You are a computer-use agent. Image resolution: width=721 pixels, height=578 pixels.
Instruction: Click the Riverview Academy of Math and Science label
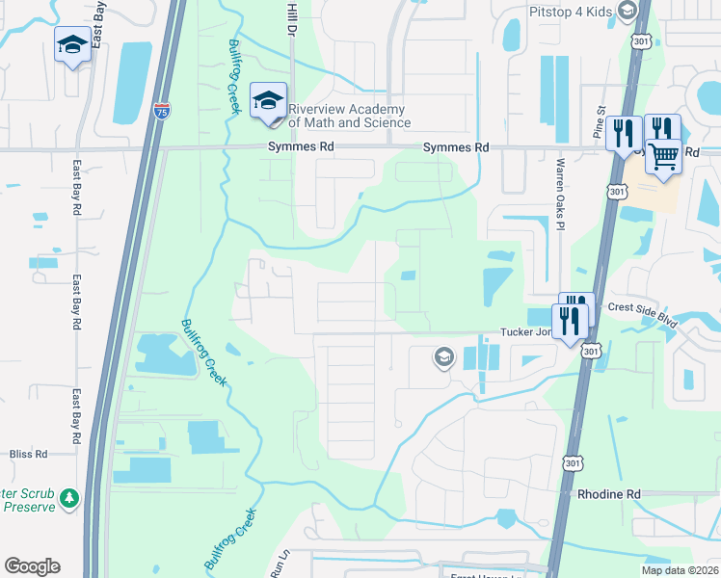pyautogui.click(x=349, y=116)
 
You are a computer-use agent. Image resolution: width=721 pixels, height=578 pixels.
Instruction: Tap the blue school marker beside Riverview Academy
pyautogui.click(x=268, y=101)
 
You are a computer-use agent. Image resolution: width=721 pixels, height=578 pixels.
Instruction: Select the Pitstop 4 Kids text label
pyautogui.click(x=571, y=12)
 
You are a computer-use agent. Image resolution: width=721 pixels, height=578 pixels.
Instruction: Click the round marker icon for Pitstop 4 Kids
pyautogui.click(x=628, y=12)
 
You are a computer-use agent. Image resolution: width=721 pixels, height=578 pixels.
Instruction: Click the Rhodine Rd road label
pyautogui.click(x=609, y=494)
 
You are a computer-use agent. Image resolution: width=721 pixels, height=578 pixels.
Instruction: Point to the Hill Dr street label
pyautogui.click(x=290, y=19)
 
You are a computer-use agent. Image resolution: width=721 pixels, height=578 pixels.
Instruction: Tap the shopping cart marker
pyautogui.click(x=664, y=156)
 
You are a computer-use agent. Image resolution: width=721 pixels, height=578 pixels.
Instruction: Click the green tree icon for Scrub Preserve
pyautogui.click(x=68, y=498)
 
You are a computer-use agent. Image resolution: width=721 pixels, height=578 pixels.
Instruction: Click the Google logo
pyautogui.click(x=32, y=566)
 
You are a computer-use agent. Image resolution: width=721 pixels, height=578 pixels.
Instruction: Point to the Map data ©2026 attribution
pyautogui.click(x=679, y=570)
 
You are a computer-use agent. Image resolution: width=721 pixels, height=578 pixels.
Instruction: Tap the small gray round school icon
pyautogui.click(x=443, y=358)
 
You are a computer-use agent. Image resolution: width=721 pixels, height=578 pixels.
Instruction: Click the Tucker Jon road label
pyautogui.click(x=524, y=332)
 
